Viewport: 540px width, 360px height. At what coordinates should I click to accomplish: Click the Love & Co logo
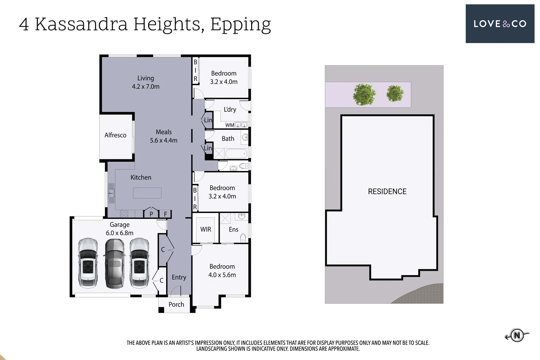pyautogui.click(x=500, y=24)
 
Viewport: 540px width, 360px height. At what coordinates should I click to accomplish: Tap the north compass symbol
pyautogui.click(x=517, y=335)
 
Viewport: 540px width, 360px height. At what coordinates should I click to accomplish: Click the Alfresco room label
pyautogui.click(x=115, y=135)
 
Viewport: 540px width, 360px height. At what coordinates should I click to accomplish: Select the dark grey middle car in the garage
pyautogui.click(x=114, y=263)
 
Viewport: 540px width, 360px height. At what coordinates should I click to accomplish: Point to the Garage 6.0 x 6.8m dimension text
pyautogui.click(x=120, y=233)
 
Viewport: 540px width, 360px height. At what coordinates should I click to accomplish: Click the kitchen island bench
pyautogui.click(x=147, y=193)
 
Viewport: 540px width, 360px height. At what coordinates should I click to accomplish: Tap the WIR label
pyautogui.click(x=206, y=229)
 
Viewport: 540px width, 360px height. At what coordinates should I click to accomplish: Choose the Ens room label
pyautogui.click(x=233, y=229)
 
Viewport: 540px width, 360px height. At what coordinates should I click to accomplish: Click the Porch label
pyautogui.click(x=176, y=304)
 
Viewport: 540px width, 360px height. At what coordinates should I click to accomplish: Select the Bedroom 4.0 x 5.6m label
pyautogui.click(x=222, y=271)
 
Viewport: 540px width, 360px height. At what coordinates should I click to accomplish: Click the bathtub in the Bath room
pyautogui.click(x=236, y=154)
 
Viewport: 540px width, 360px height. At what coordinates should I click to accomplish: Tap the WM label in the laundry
pyautogui.click(x=230, y=125)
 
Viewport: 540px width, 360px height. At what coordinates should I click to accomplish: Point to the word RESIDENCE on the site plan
pyautogui.click(x=387, y=192)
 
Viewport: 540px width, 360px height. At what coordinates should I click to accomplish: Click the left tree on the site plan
pyautogui.click(x=364, y=94)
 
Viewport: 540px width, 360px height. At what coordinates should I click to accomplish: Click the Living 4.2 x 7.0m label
pyautogui.click(x=146, y=82)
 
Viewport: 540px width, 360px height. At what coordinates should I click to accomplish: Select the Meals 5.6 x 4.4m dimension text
pyautogui.click(x=163, y=140)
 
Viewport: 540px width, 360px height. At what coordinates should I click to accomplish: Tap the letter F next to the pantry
pyautogui.click(x=165, y=214)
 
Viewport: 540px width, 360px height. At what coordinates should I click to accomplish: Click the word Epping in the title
pyautogui.click(x=240, y=25)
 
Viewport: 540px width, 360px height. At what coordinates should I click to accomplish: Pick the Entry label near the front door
pyautogui.click(x=179, y=277)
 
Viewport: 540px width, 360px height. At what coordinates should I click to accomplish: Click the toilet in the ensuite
pyautogui.click(x=243, y=238)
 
